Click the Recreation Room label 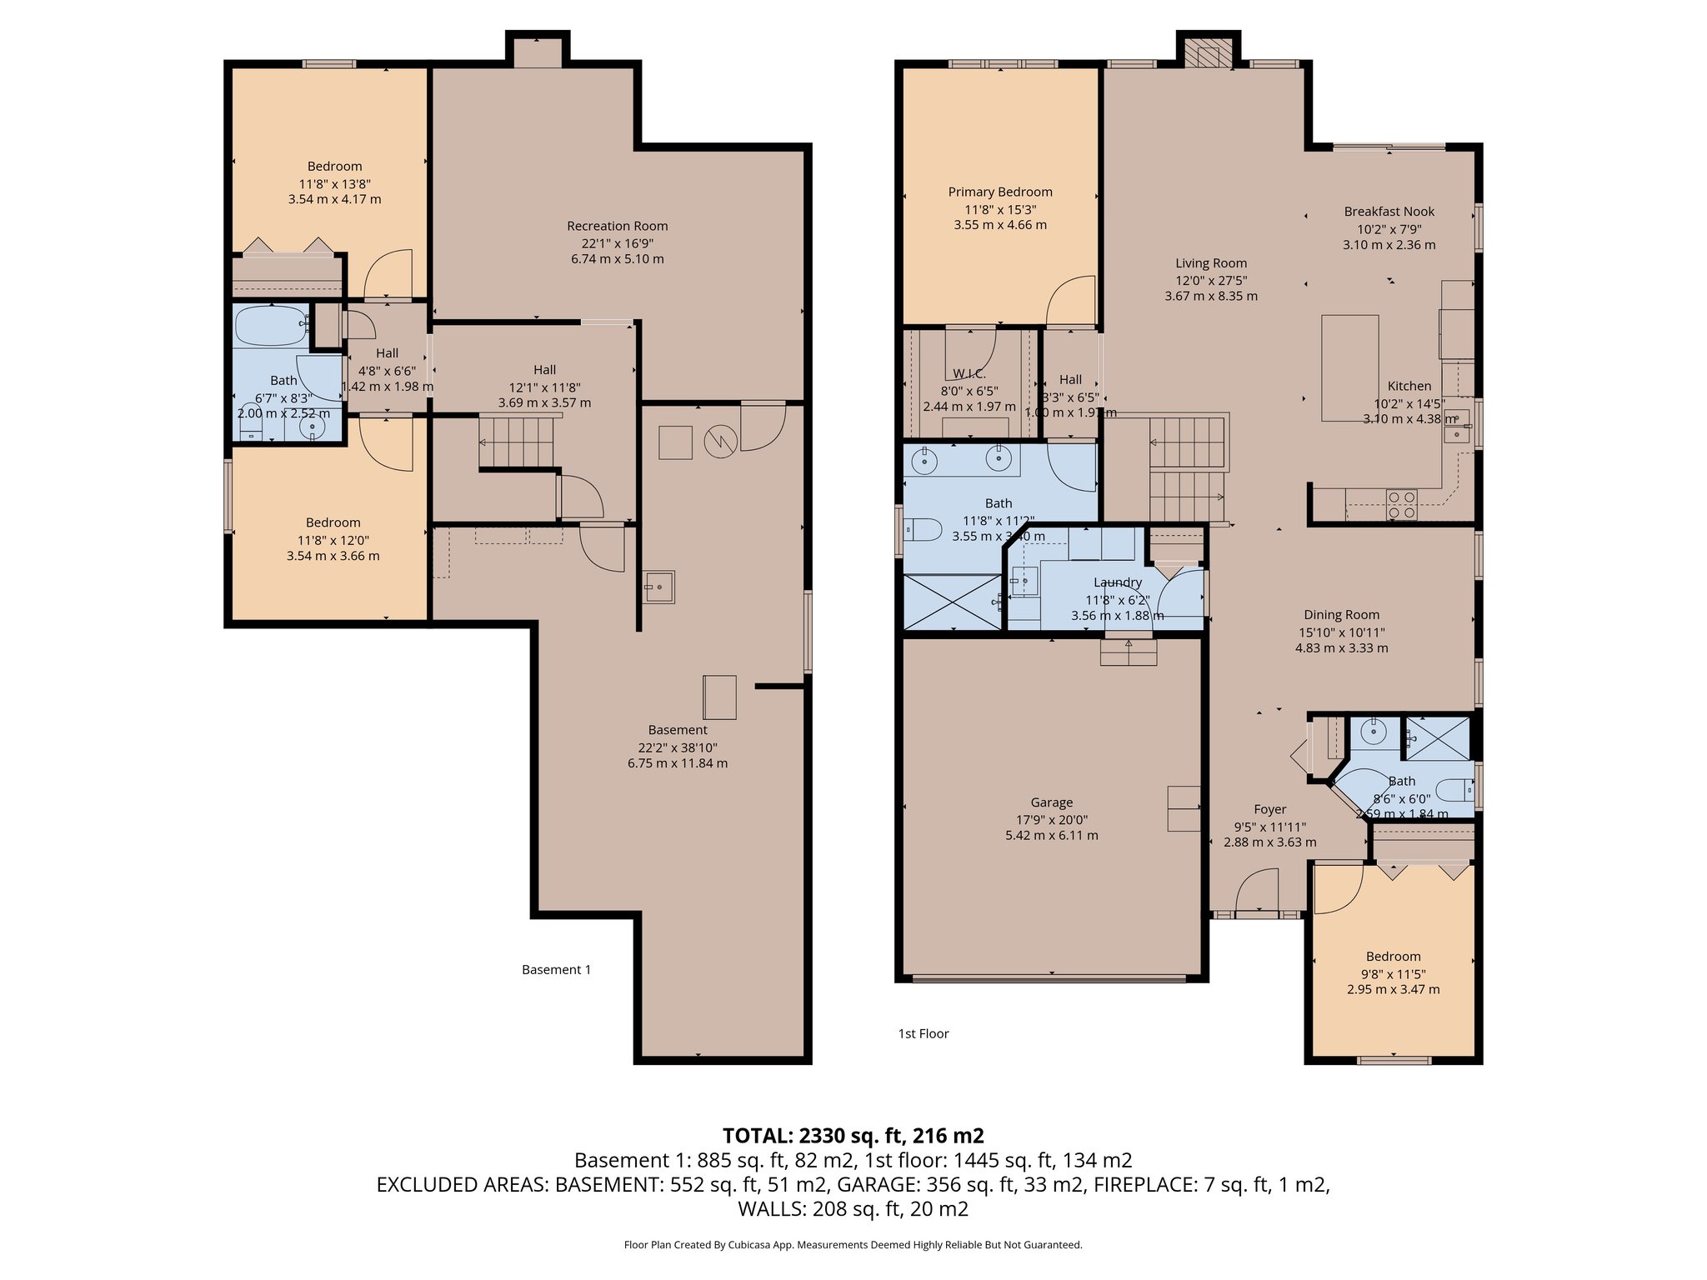coord(617,226)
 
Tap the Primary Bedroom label coord(999,192)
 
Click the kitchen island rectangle coord(1349,367)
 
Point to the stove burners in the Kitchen coord(1401,505)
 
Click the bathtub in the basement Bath coord(271,326)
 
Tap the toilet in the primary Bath coord(923,529)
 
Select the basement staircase coord(516,442)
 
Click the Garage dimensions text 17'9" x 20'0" coord(1051,820)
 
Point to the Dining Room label coord(1341,615)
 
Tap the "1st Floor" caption coord(923,1033)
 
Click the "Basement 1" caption coord(556,969)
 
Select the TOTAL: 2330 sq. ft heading coord(853,1135)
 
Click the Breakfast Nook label coord(1389,212)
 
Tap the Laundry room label coord(1117,582)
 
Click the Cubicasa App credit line coord(853,1245)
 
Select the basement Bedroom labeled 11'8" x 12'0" coord(333,522)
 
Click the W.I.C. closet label coord(969,374)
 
